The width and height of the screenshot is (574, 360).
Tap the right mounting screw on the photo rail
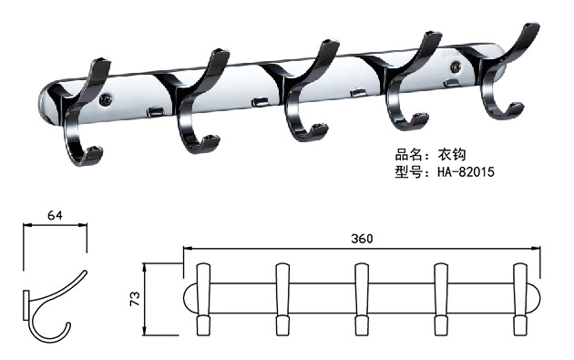(471, 67)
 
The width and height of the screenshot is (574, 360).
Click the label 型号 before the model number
(406, 170)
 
